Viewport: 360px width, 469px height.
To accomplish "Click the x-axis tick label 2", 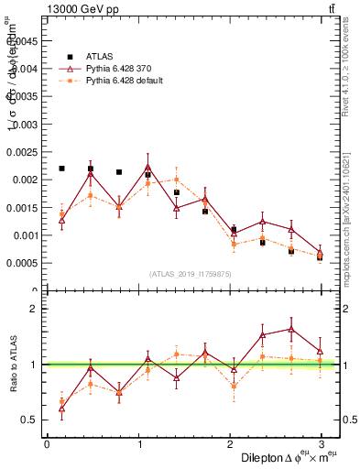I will click(229, 443).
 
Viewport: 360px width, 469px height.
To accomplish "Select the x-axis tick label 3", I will click(321, 443).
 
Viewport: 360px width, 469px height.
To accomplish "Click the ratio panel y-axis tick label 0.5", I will click(29, 420).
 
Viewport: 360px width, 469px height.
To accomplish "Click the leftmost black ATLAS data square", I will click(61, 169).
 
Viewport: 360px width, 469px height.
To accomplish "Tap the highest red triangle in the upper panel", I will click(147, 168).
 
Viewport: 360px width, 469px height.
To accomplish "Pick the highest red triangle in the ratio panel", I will click(291, 329).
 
